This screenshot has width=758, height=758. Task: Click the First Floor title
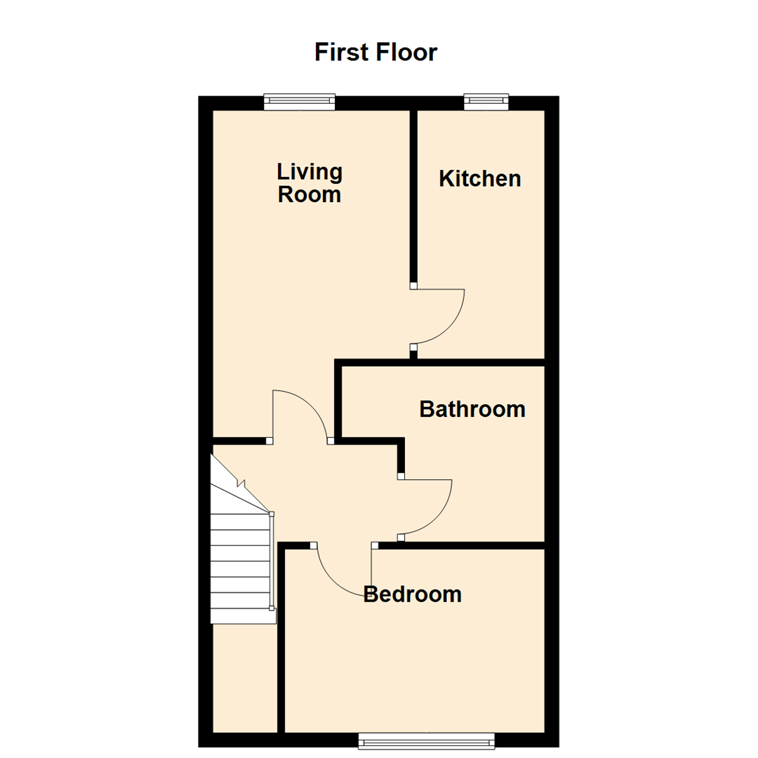pos(375,53)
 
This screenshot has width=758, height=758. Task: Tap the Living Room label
pos(310,182)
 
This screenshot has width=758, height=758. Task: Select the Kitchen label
pos(480,178)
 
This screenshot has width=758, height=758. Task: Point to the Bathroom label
pos(472,408)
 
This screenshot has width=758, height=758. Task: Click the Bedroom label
pos(413,594)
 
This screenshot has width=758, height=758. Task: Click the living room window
pos(299,102)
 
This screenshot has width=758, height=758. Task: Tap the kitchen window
pos(486,102)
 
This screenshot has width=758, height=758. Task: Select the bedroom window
pos(426,740)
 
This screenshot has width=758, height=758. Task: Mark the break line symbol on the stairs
pos(242,484)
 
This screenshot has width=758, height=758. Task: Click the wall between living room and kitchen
pos(414,197)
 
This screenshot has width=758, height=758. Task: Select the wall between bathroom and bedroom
pos(463,545)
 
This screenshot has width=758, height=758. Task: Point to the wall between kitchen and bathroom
pos(477,362)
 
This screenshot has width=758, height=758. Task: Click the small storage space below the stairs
pos(244,677)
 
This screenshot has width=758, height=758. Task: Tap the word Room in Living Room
pos(310,194)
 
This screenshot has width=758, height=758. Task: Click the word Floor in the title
pos(406,53)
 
